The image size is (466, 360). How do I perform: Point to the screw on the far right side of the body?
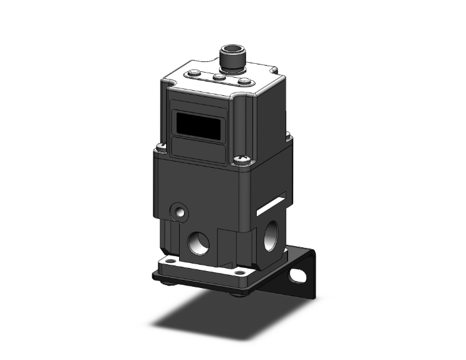click(x=288, y=134)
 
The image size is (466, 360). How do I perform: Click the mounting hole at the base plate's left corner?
click(x=167, y=258)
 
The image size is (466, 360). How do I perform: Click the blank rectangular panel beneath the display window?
click(x=199, y=150)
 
